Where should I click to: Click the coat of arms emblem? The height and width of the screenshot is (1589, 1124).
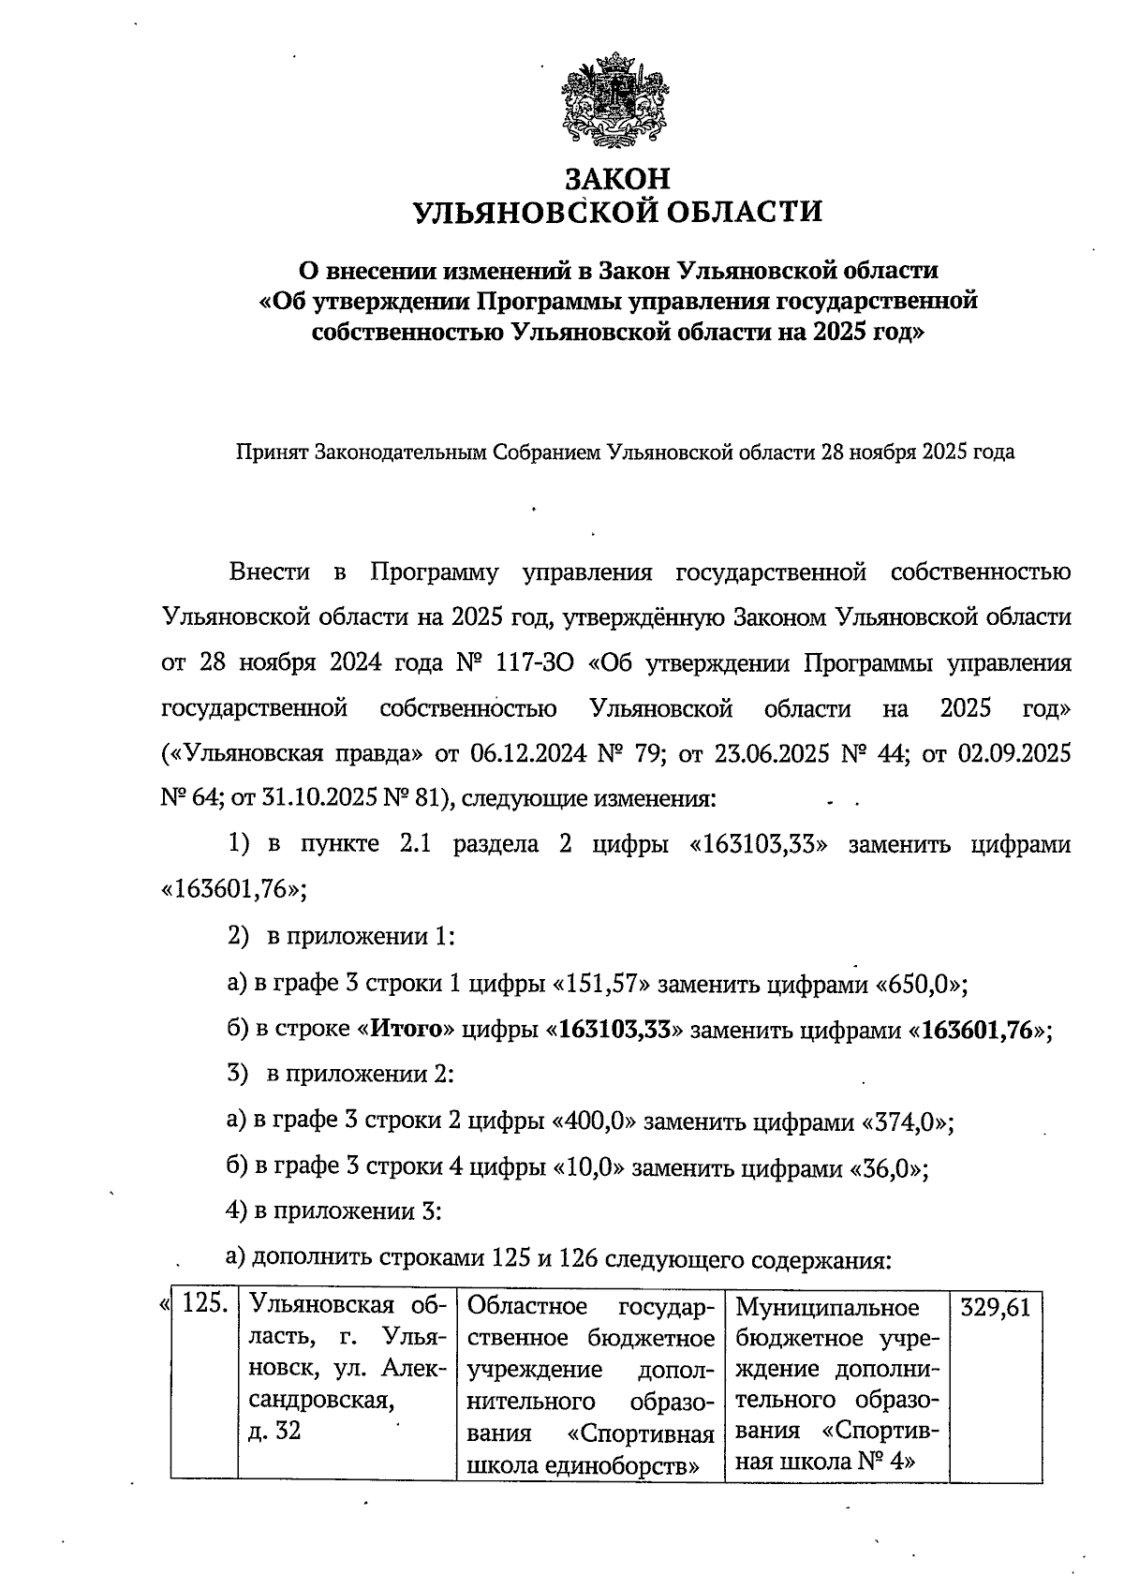(x=616, y=103)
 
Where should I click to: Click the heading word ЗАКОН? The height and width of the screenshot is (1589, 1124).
(x=617, y=178)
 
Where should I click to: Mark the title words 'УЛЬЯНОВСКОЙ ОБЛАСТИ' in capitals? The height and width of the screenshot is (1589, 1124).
(x=617, y=213)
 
